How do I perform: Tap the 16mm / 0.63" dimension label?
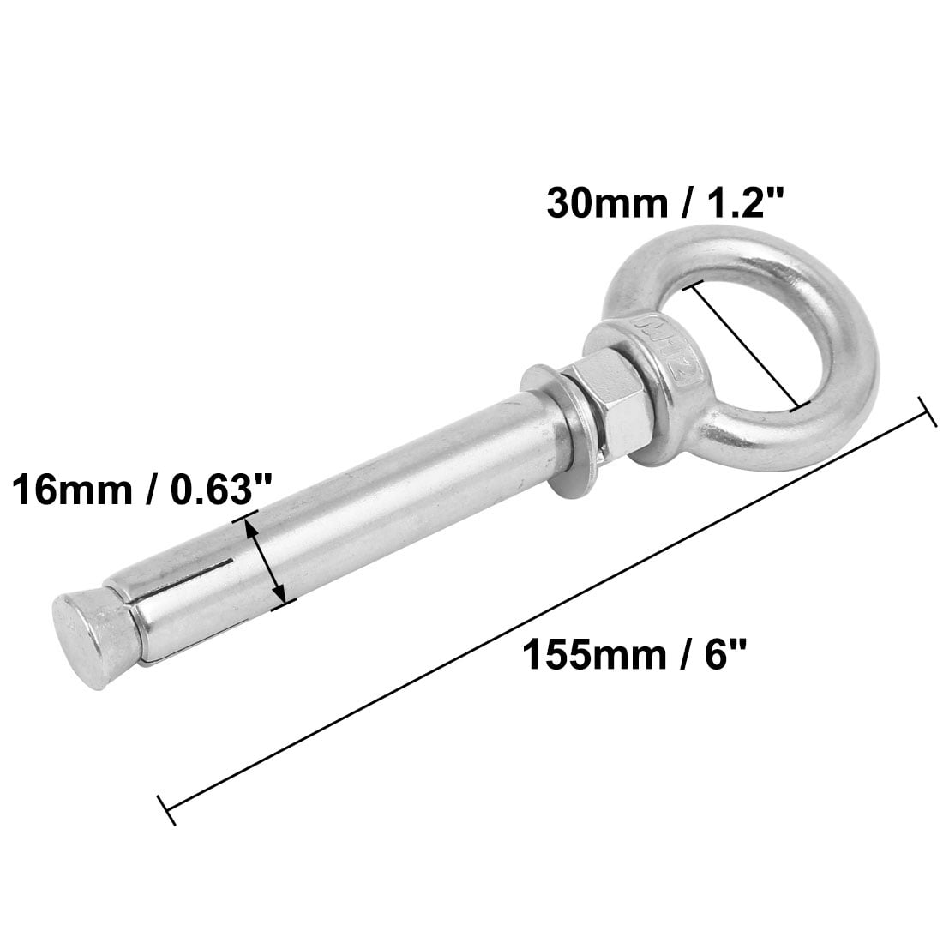(x=141, y=491)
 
